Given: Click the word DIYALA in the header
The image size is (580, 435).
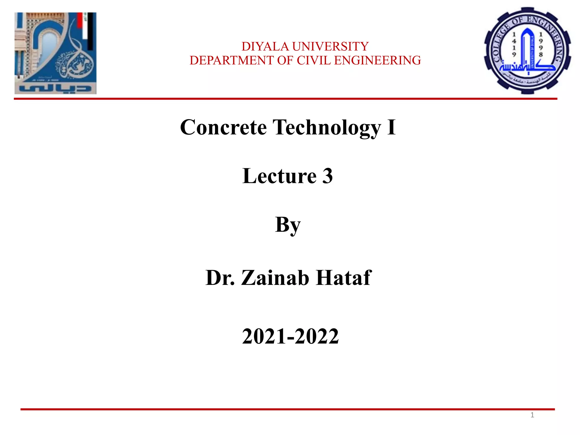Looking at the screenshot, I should click(265, 46).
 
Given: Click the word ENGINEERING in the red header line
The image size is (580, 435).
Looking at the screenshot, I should click(378, 60).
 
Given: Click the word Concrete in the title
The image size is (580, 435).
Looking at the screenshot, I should click(223, 127).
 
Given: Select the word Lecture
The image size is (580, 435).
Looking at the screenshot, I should click(279, 176).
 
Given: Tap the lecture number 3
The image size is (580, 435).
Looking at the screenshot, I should click(327, 176).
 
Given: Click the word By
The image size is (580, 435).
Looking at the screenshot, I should click(288, 225).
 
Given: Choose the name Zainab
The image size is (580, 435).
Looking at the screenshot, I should click(275, 278).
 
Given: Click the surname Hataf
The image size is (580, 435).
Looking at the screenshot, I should click(343, 278).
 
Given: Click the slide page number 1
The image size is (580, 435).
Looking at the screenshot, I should click(532, 415).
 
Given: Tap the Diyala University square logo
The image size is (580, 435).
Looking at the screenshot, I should click(56, 53).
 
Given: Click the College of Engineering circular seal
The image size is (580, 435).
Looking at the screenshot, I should click(527, 50).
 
